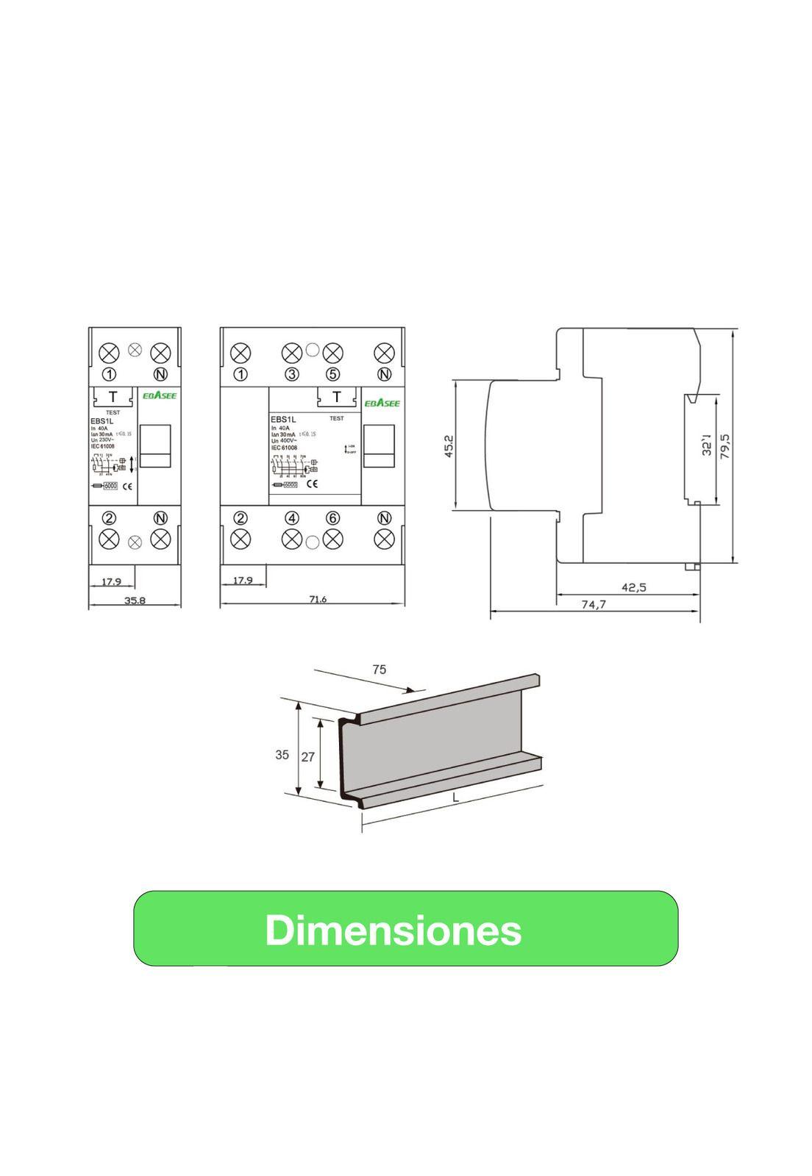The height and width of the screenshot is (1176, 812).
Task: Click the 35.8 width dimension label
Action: tap(135, 600)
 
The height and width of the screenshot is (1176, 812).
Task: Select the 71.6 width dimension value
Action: tap(318, 600)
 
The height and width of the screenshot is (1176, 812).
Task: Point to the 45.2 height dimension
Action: tap(449, 445)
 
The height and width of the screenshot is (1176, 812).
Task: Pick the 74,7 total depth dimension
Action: tap(594, 605)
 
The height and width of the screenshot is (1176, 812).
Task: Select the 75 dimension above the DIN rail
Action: tap(379, 670)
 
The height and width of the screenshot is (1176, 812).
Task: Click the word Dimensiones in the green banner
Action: tap(393, 930)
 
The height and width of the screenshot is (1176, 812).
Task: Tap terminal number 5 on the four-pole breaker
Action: tap(333, 374)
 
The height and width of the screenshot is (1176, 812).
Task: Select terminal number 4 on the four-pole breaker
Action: tap(292, 517)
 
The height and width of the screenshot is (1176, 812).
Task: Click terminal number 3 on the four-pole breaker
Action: tap(292, 374)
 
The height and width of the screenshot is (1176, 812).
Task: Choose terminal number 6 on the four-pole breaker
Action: tap(333, 517)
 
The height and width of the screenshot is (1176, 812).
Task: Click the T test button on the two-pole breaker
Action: tap(113, 397)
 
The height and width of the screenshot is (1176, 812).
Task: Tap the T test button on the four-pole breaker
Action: tap(337, 397)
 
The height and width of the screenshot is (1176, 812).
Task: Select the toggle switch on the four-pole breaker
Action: tap(380, 446)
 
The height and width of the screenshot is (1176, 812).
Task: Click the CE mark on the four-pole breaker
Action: tap(311, 484)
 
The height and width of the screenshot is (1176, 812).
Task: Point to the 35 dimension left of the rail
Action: tap(282, 755)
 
